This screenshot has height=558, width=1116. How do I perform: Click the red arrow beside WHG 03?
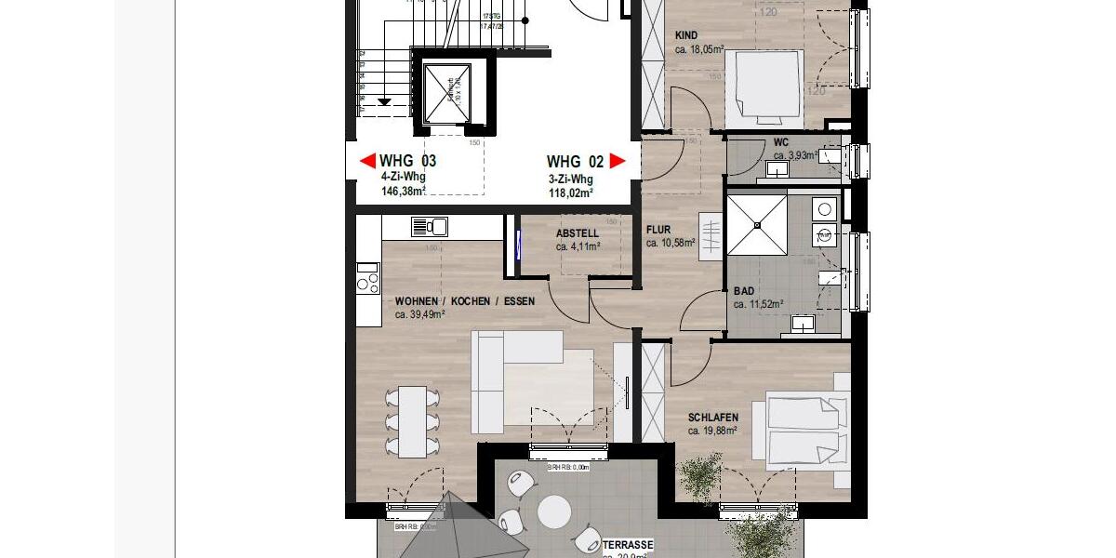[x=368, y=161]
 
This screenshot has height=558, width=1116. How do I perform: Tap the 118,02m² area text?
[x=571, y=193]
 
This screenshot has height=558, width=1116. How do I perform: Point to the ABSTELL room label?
[x=578, y=233]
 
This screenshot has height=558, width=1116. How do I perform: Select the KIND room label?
[x=686, y=36]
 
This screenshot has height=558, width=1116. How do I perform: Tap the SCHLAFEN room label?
[x=713, y=418]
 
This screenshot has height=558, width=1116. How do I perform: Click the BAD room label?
[x=744, y=291]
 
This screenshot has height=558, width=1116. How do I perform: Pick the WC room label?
[x=781, y=143]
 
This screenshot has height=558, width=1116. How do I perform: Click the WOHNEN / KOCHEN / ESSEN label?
[x=453, y=301]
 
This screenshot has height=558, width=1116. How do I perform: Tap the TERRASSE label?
[x=628, y=544]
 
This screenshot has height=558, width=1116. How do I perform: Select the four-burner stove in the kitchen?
[x=368, y=277]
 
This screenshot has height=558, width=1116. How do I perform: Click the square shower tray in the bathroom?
[x=757, y=224]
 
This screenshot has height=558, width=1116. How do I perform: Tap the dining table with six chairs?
[x=413, y=421]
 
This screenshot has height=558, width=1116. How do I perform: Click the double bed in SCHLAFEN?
[x=806, y=431]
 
